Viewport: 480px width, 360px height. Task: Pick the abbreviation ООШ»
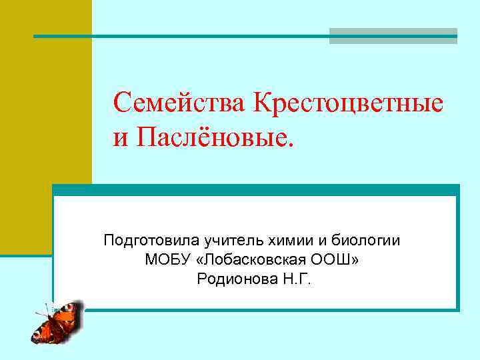click(338, 259)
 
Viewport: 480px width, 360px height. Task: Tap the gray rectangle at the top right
click(393, 36)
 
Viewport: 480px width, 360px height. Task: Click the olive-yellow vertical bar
click(45, 127)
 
